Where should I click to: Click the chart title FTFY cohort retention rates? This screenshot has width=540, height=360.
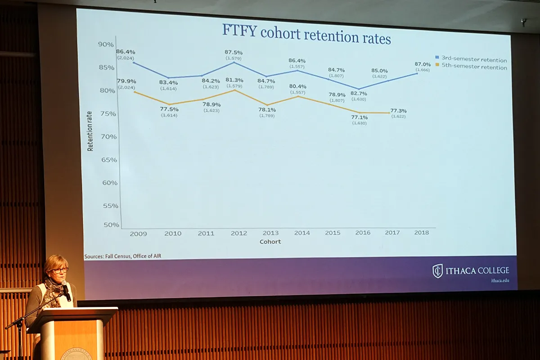(x=306, y=35)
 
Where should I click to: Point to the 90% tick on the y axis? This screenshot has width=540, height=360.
(x=106, y=44)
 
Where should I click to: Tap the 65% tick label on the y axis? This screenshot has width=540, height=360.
(x=108, y=160)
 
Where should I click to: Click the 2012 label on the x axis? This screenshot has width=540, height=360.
(x=239, y=233)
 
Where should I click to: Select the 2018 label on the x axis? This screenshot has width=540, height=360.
(x=421, y=233)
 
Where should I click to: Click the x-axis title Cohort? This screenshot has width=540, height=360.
(x=270, y=242)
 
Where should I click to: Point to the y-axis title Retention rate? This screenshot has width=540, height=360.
(x=90, y=131)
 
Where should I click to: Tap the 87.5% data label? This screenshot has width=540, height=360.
(x=234, y=52)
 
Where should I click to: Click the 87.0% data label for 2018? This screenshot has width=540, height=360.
(x=422, y=64)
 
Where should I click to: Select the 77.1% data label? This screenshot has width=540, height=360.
(x=359, y=117)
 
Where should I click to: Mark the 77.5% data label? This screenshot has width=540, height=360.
(x=169, y=109)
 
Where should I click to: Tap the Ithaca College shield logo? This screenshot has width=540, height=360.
(x=437, y=271)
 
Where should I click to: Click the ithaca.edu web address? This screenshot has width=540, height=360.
(x=500, y=280)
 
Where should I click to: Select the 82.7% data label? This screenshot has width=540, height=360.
(x=359, y=93)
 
